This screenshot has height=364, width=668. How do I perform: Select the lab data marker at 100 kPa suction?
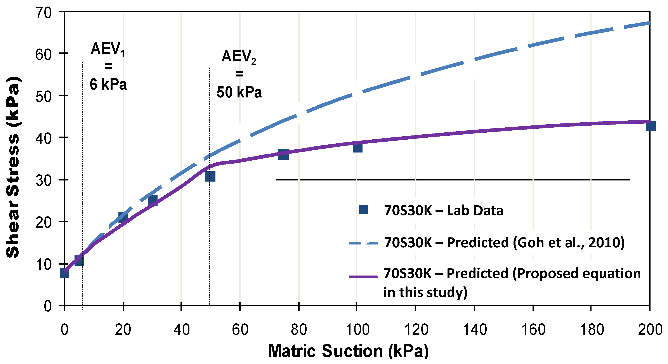point(357,148)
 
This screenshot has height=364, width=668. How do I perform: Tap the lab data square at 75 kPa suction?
point(284,155)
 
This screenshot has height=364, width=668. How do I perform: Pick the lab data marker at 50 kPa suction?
point(210,176)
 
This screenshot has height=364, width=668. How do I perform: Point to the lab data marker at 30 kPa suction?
point(153,200)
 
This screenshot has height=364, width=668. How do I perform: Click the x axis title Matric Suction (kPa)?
point(348,351)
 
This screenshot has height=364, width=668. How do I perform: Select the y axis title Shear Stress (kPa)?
point(13,167)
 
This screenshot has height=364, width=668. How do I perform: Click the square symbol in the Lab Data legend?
point(363,210)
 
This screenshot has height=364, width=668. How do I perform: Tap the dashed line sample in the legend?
point(363,243)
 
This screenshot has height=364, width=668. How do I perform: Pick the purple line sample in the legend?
point(363,277)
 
